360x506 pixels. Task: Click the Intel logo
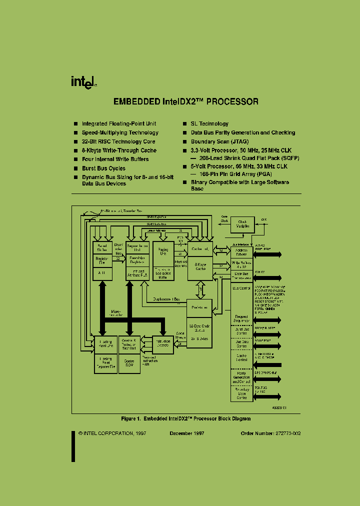pyautogui.click(x=82, y=82)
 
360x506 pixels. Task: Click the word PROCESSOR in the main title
pyautogui.click(x=232, y=101)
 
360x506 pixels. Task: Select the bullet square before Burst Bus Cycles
pyautogui.click(x=75, y=168)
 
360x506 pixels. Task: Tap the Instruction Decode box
pyautogui.click(x=163, y=344)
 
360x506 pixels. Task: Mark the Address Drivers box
pyautogui.click(x=241, y=251)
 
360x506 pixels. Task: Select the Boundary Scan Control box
pyautogui.click(x=241, y=393)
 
